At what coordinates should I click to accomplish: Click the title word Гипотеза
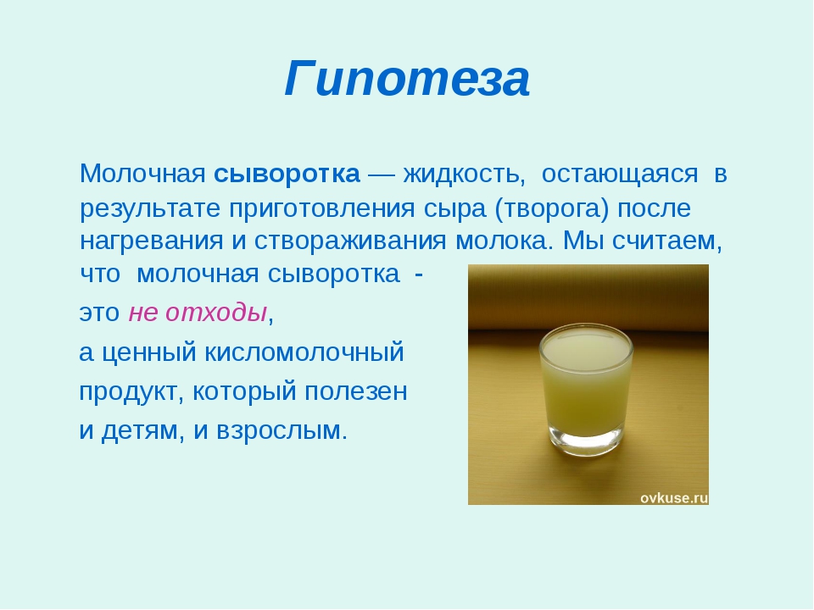(407, 79)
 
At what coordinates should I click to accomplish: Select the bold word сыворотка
(287, 174)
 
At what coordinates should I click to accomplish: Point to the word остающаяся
(620, 175)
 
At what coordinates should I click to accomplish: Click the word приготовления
(322, 209)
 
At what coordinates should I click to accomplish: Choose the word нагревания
(152, 241)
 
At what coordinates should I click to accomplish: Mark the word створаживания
(350, 241)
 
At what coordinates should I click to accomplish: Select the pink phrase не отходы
(198, 313)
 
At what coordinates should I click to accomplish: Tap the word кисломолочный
(304, 352)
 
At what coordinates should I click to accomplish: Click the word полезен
(355, 392)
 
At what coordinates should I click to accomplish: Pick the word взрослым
(281, 431)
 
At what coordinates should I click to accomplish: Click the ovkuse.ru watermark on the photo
(674, 498)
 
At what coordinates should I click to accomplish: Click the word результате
(150, 209)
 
